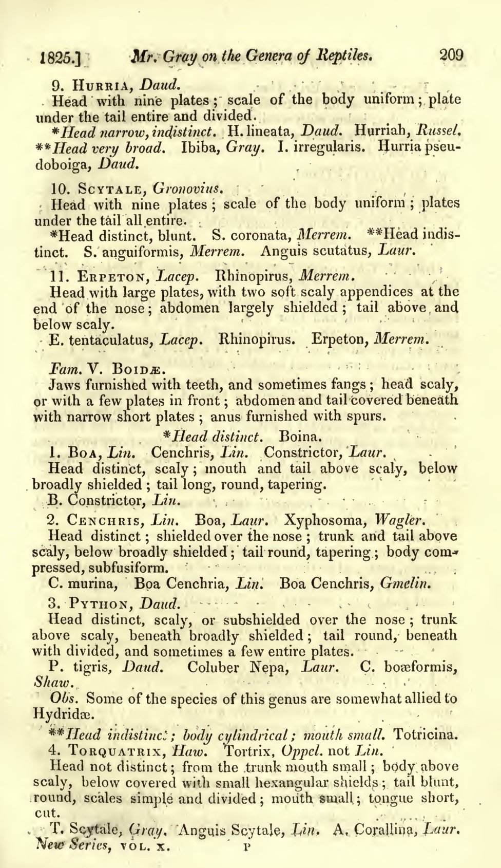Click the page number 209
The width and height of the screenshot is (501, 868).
coord(451,55)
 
